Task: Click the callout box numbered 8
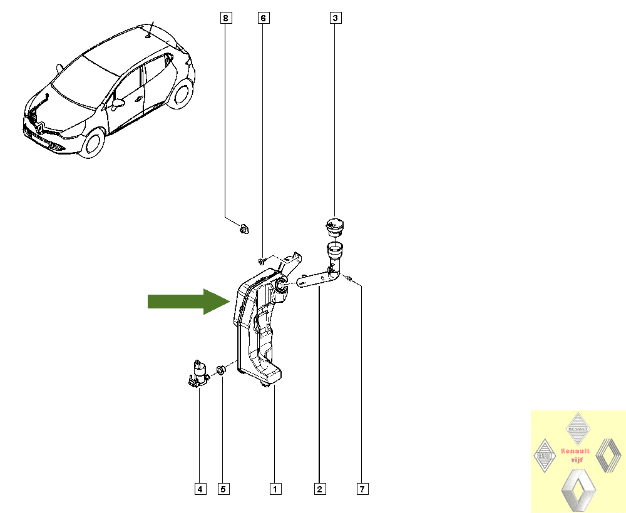tap(226, 18)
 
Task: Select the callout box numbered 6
tap(263, 18)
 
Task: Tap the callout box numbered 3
tap(336, 18)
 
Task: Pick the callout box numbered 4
tap(200, 489)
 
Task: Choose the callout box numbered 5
tap(223, 489)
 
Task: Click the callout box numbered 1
tap(275, 489)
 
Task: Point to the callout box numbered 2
tap(319, 489)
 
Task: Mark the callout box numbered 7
tap(362, 489)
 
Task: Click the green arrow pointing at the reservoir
tap(189, 302)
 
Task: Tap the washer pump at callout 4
tap(198, 373)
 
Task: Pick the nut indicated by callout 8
tap(244, 229)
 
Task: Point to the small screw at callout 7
tap(349, 278)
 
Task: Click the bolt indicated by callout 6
tap(261, 261)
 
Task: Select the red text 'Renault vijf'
tap(575, 455)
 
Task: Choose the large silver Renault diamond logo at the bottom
tap(578, 490)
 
